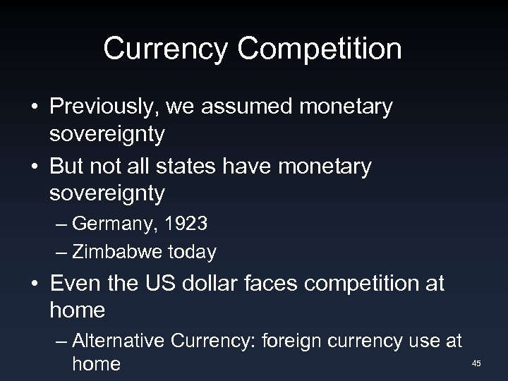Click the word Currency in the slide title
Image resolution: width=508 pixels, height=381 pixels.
[x=164, y=49]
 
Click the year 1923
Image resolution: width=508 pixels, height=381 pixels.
[x=186, y=225]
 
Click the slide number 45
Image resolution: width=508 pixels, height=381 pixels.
[x=476, y=363]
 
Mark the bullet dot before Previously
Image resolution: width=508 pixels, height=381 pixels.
[x=33, y=108]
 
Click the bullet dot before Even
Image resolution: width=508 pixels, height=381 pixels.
[x=33, y=285]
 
